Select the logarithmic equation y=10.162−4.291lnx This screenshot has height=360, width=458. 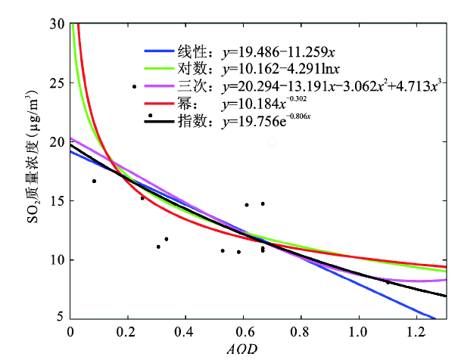277,68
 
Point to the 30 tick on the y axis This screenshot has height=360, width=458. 58,23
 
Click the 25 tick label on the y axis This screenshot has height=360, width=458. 58,82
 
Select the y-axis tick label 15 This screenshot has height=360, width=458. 58,200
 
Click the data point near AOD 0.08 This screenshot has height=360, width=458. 94,181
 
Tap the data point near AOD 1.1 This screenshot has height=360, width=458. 388,282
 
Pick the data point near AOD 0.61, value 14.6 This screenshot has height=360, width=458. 247,204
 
